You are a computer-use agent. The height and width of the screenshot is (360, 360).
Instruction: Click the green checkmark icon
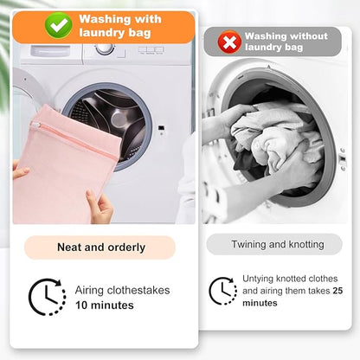pyautogui.click(x=59, y=25)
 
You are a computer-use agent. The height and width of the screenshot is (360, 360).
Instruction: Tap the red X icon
pyautogui.click(x=229, y=42)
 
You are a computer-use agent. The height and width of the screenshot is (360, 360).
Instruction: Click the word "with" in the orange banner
pyautogui.click(x=148, y=19)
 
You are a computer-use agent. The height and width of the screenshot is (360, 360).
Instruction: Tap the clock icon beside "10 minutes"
pyautogui.click(x=47, y=297)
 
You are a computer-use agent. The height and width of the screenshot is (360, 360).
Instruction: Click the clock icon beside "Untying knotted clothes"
pyautogui.click(x=222, y=291)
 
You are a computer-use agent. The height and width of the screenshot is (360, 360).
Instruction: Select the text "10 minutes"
pyautogui.click(x=105, y=305)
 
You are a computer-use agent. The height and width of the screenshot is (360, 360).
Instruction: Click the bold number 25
pyautogui.click(x=337, y=291)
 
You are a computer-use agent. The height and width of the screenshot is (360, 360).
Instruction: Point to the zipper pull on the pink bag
pyautogui.click(x=35, y=125)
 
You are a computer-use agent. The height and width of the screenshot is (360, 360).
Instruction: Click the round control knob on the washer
pyautogui.click(x=104, y=48)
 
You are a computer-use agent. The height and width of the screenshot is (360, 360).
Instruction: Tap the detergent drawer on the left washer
pyautogui.click(x=50, y=51)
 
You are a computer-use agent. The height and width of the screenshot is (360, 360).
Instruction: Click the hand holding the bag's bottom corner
pyautogui.click(x=100, y=206)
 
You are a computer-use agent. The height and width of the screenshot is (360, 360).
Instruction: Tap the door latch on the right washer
pyautogui.click(x=343, y=159)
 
